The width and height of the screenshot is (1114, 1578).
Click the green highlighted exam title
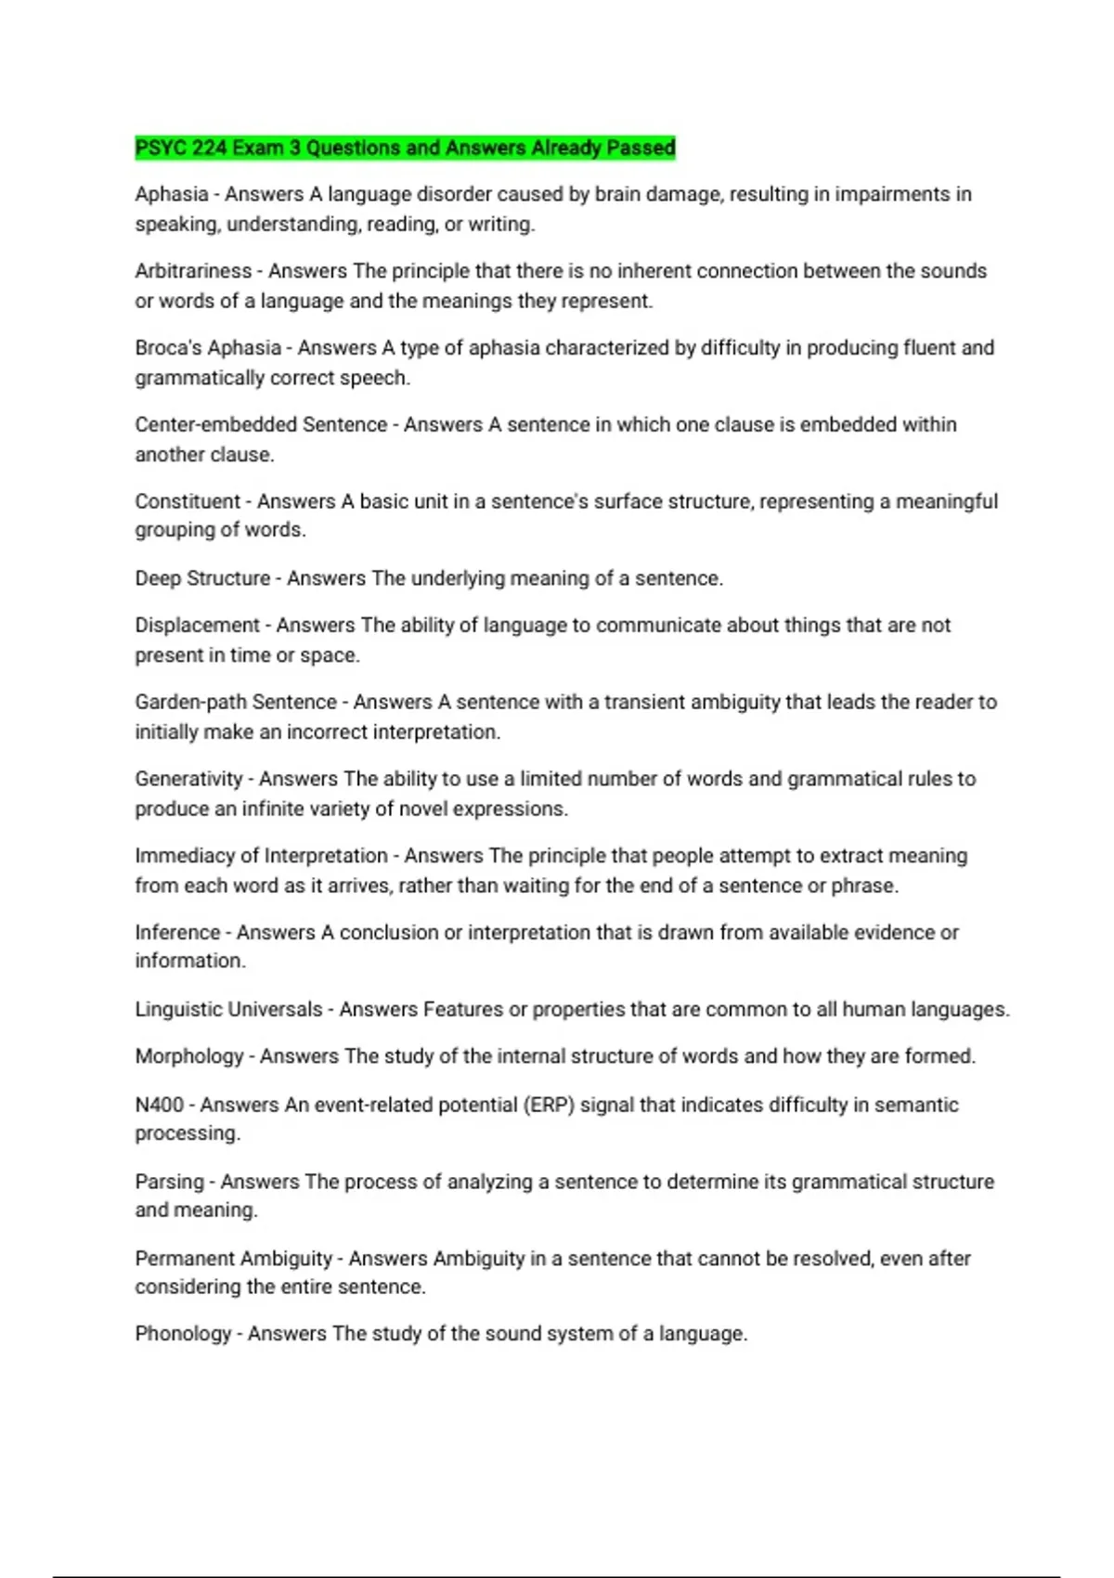tap(405, 148)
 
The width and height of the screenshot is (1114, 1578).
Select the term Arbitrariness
tap(193, 271)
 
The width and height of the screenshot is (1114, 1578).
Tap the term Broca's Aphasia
tap(208, 348)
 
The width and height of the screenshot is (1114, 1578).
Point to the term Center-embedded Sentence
tap(261, 425)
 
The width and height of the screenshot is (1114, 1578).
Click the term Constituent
tap(188, 501)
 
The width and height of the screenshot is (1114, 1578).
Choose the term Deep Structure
tap(202, 578)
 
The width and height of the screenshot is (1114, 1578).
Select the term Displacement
tap(197, 626)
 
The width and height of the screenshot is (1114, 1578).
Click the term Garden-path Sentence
tap(236, 703)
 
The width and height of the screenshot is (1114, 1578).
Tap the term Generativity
tap(188, 779)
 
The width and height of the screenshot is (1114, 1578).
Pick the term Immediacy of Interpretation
tap(261, 856)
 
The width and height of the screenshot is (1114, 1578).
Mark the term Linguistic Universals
tap(228, 1010)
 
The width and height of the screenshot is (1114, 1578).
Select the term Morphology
tap(188, 1056)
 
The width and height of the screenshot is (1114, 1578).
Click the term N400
tap(159, 1105)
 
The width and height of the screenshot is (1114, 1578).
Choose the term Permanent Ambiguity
tap(233, 1259)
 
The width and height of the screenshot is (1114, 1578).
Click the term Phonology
tap(183, 1334)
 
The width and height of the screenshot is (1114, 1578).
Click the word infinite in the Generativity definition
tap(272, 809)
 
